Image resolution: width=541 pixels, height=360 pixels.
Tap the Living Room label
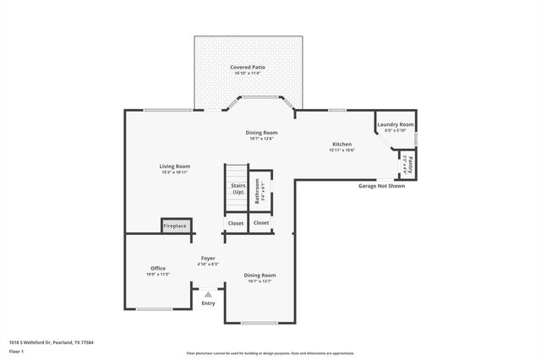pos(175,166)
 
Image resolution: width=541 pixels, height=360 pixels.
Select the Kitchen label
pos(342,145)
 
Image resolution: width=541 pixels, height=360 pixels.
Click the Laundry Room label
pos(395,124)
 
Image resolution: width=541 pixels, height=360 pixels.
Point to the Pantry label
pos(411,161)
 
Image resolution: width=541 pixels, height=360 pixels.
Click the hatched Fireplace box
pos(175,226)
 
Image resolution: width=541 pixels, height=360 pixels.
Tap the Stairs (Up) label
pos(238,188)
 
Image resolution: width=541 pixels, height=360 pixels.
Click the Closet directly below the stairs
pos(235,223)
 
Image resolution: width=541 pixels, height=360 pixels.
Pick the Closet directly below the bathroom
pos(261,223)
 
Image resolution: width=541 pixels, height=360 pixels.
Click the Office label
pos(157,268)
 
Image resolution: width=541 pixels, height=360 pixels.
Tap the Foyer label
pos(208,258)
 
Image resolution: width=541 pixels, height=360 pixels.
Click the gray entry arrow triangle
pos(208,294)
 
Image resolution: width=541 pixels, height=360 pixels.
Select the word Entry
pos(208,303)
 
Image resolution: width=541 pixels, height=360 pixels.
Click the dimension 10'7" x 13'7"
pos(260,281)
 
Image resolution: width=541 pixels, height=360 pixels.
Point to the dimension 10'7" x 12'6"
pos(261,139)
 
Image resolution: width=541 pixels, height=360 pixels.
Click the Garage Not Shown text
pos(381,185)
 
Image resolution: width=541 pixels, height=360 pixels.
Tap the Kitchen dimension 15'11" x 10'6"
pos(342,150)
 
